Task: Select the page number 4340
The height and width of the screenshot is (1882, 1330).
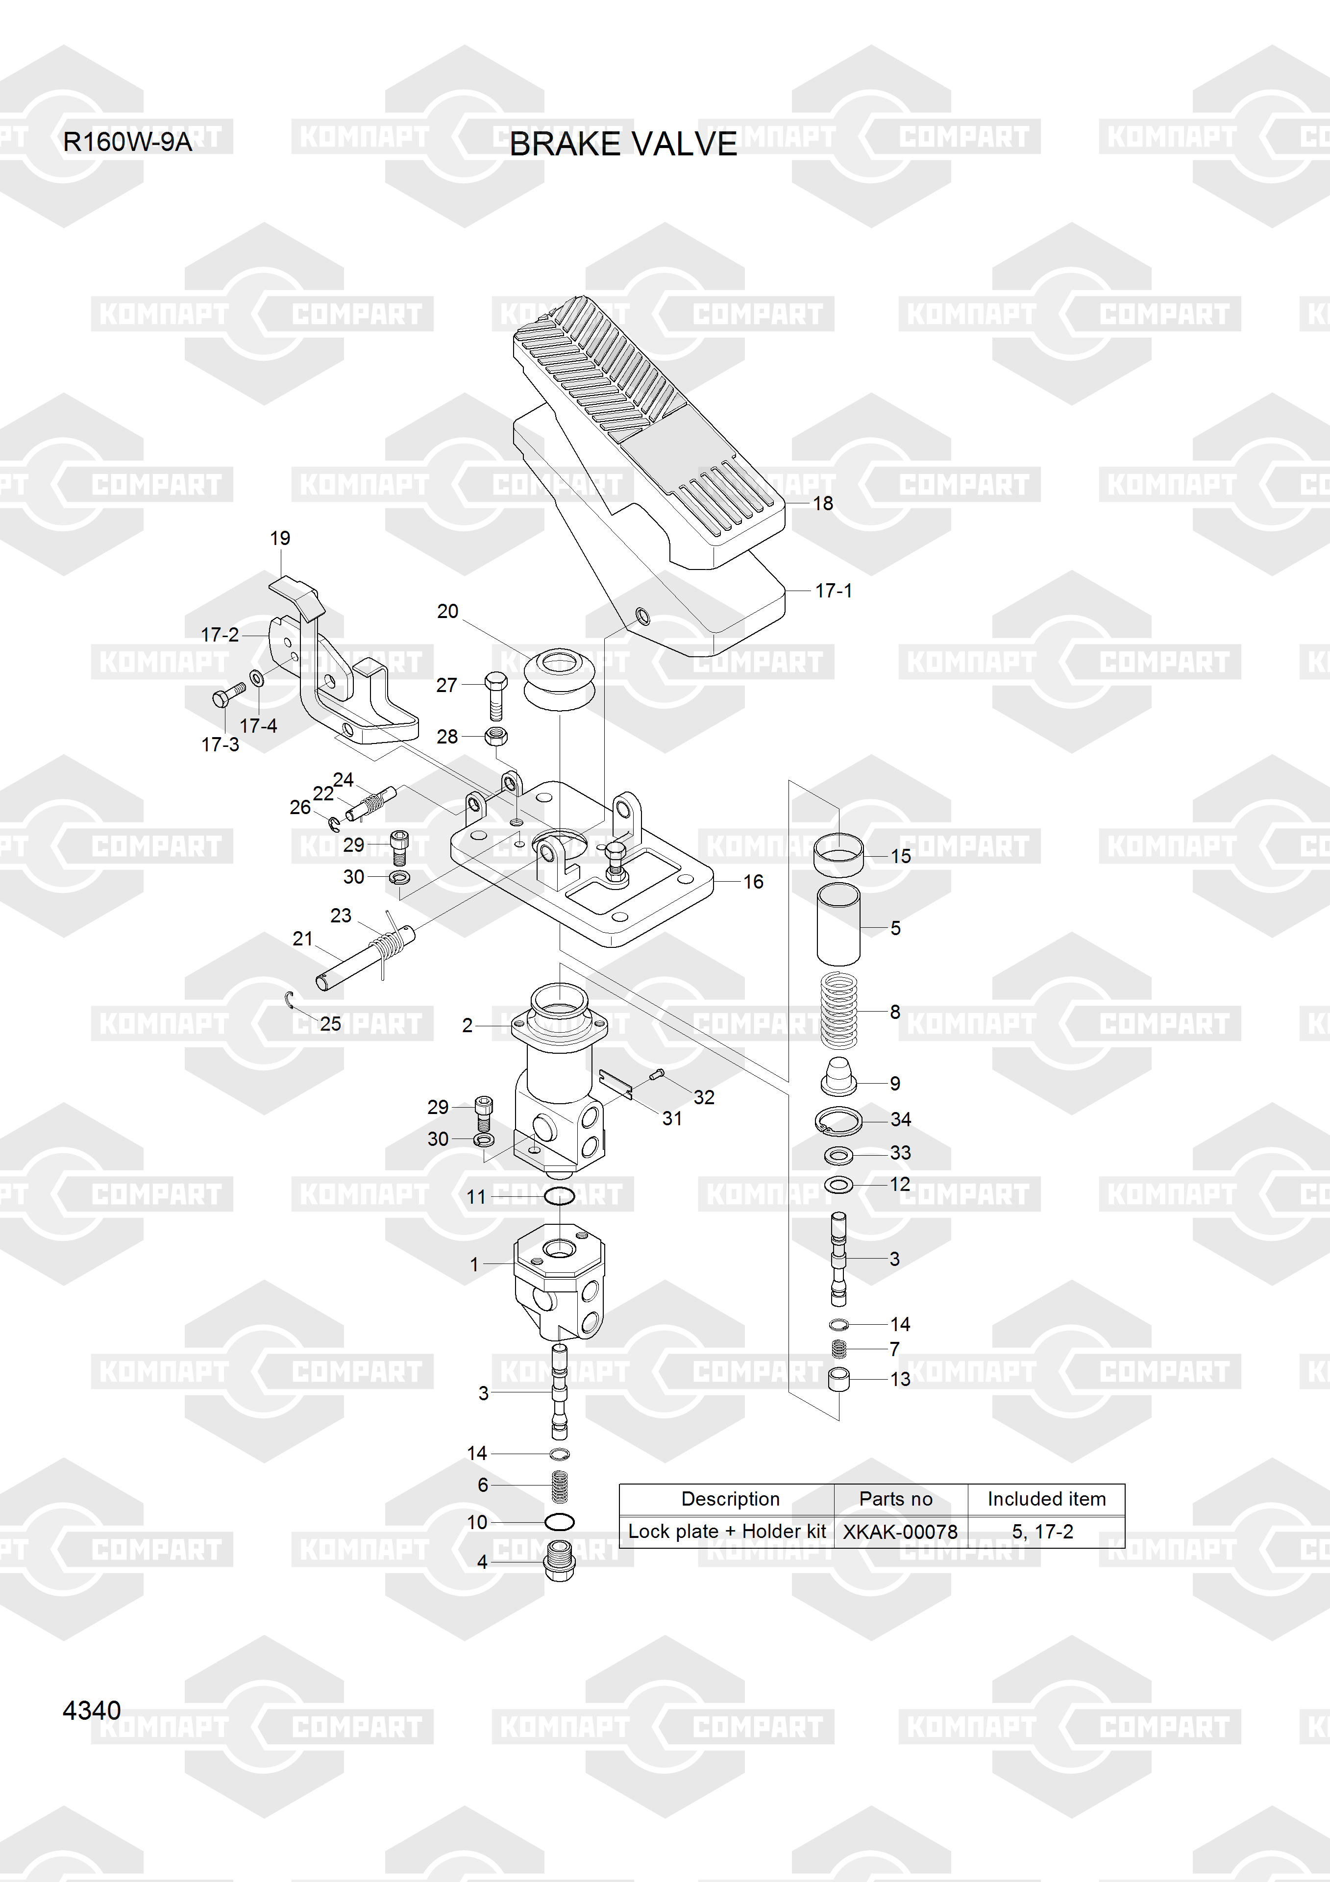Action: coord(92,1710)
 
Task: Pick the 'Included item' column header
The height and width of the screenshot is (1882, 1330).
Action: coord(1046,1499)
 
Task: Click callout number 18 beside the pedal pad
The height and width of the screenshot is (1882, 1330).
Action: coord(823,503)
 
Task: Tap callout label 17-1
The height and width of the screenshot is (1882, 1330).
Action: coord(834,590)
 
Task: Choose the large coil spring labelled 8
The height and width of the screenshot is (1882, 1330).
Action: coord(838,1010)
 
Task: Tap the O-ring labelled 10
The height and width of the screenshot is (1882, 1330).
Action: coord(560,1522)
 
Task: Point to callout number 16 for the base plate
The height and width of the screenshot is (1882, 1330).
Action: coord(753,882)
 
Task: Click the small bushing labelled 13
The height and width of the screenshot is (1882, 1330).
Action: coord(838,1380)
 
